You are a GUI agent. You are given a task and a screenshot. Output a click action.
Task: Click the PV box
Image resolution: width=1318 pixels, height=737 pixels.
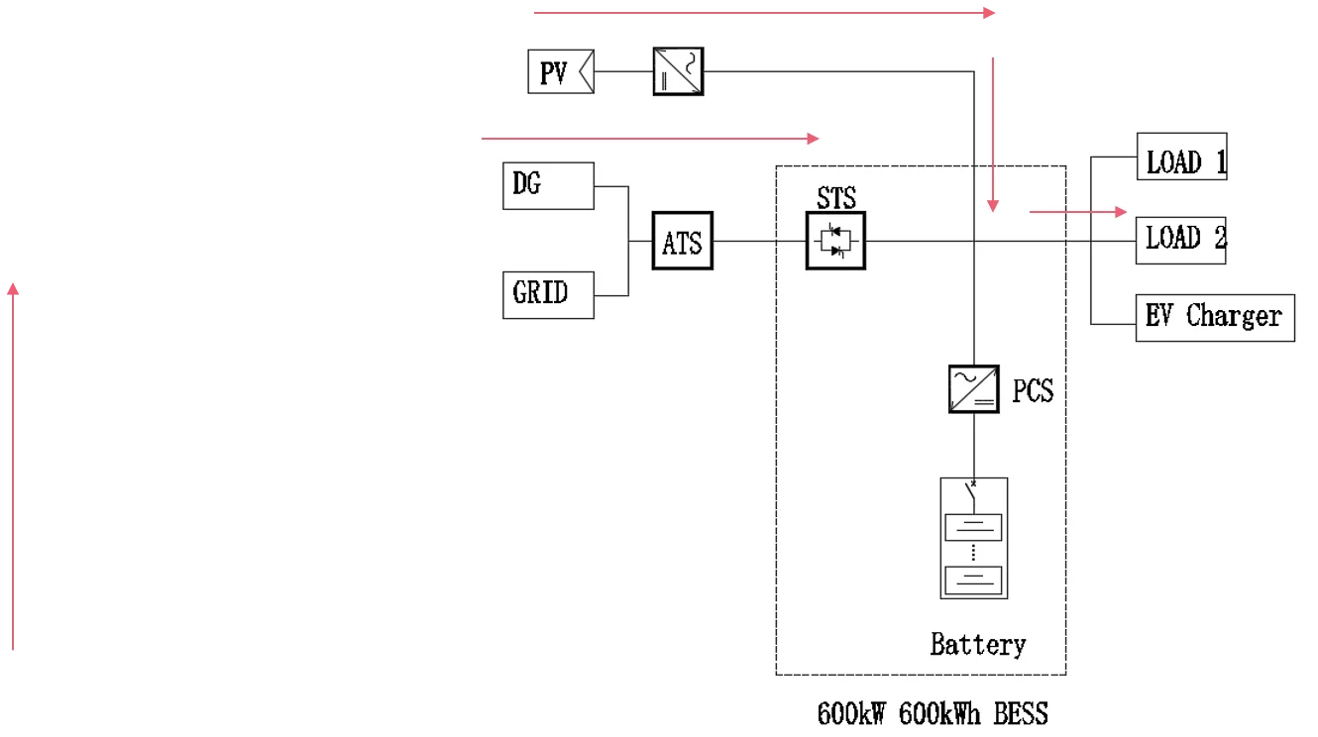(x=560, y=72)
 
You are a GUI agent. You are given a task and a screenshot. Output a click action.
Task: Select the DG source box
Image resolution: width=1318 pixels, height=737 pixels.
(x=548, y=185)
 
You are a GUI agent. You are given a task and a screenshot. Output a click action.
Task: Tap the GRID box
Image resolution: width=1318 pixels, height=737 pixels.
(x=548, y=294)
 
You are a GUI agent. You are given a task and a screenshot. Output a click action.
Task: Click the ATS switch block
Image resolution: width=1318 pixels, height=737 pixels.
(x=682, y=241)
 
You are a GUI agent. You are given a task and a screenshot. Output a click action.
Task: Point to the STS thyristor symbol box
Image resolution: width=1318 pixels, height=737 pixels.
(x=835, y=241)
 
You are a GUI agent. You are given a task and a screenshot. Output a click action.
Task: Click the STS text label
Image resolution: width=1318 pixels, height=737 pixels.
(x=836, y=196)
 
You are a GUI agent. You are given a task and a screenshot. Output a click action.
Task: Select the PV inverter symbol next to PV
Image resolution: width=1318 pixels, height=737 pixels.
(x=678, y=71)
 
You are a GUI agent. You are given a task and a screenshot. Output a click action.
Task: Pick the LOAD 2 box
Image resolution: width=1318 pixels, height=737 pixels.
(x=1180, y=240)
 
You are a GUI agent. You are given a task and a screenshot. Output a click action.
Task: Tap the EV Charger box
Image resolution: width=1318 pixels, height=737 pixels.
(x=1214, y=317)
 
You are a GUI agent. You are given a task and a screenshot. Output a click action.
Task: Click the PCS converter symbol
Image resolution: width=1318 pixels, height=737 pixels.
(x=973, y=388)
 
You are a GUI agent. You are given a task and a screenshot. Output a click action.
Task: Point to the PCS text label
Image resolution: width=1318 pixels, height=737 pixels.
(x=1033, y=390)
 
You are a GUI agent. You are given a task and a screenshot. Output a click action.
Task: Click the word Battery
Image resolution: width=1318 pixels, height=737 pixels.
(x=977, y=645)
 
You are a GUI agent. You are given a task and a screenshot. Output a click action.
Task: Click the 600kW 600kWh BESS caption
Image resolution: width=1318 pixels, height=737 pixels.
(x=932, y=713)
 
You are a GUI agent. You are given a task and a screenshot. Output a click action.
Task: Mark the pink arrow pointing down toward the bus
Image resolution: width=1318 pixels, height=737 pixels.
(x=992, y=134)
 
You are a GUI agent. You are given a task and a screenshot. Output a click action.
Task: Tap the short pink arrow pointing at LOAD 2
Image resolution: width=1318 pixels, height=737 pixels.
(x=1078, y=211)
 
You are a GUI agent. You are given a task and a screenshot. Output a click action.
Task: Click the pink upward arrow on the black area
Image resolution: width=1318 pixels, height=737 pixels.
(x=12, y=466)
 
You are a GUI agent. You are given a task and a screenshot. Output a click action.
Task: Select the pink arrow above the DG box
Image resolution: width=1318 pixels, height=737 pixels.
(x=649, y=138)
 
